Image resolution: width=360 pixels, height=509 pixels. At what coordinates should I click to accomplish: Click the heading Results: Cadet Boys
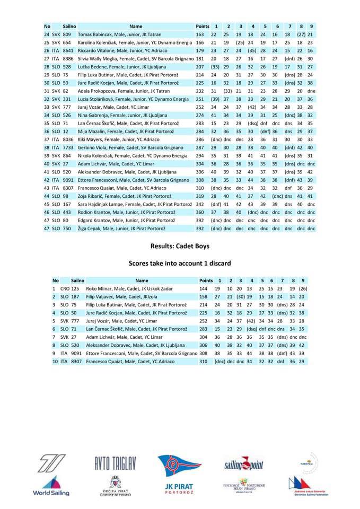180,246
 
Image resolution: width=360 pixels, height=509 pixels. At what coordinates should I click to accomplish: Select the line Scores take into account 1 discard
180,263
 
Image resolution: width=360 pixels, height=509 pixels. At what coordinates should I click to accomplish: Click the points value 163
200,34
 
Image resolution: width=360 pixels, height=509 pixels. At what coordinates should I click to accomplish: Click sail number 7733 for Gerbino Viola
68,148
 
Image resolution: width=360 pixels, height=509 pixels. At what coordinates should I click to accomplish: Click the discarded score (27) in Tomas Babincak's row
302,34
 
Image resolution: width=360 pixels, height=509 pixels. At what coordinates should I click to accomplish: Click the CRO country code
65,288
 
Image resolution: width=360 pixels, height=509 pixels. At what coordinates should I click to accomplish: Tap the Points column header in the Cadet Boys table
206,280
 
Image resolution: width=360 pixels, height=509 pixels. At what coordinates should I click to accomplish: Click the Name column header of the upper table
136,26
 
